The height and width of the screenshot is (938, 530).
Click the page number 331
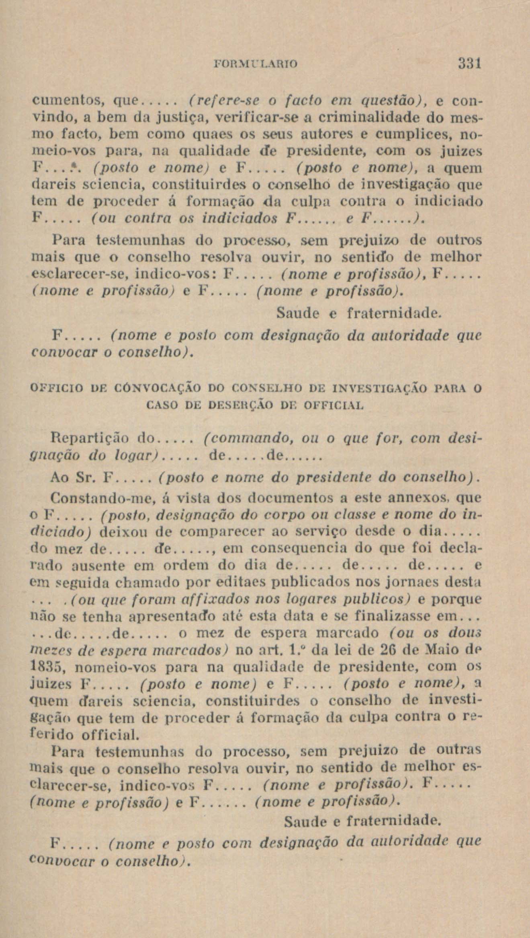469,64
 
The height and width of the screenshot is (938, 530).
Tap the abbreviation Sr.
88,478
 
